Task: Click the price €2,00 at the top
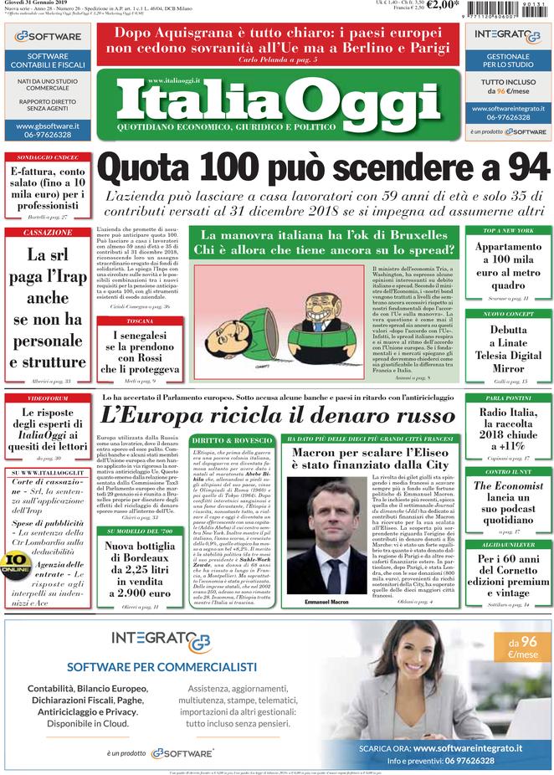[x=445, y=6]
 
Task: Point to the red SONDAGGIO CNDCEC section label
[x=48, y=157]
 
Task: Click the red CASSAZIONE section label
[x=48, y=233]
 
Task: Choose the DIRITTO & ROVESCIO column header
[x=231, y=439]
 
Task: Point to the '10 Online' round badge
[x=14, y=563]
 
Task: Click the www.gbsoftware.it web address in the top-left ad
[x=48, y=126]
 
